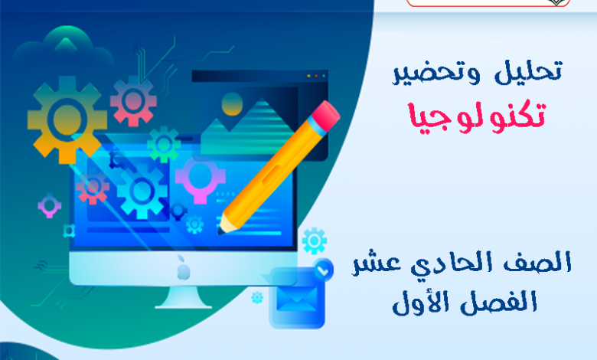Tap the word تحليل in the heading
[x=528, y=71]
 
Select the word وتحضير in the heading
[x=436, y=73]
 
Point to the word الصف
[x=538, y=262]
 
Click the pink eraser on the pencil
[x=325, y=116]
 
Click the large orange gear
[x=67, y=120]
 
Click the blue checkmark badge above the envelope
[x=323, y=270]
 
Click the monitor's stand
[x=183, y=297]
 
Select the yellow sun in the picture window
[x=232, y=103]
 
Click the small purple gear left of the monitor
[x=50, y=206]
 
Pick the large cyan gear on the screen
[x=142, y=191]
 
